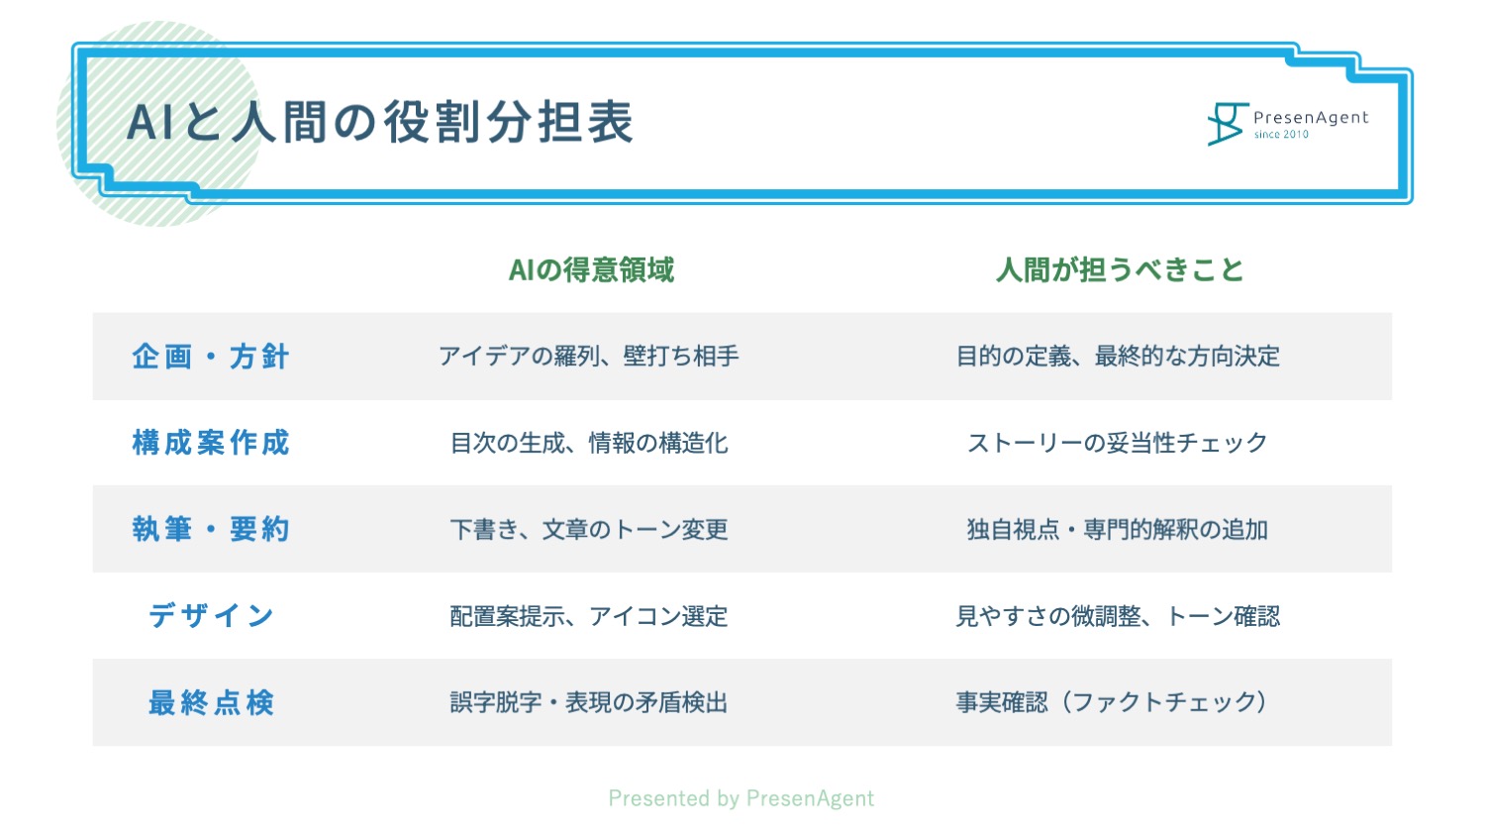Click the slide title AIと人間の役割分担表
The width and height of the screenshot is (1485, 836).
[x=380, y=122]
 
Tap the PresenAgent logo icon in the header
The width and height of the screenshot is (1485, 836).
[x=1228, y=124]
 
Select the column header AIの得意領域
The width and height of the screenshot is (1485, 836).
[x=591, y=270]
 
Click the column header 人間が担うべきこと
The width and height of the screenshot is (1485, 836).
[x=1120, y=270]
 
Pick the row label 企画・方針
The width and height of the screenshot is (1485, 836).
[x=211, y=357]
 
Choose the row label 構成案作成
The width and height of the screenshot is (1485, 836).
[x=211, y=443]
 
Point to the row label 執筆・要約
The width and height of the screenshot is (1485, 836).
[x=211, y=530]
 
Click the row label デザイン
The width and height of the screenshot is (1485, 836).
[x=211, y=616]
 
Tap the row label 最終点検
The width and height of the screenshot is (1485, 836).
[x=211, y=702]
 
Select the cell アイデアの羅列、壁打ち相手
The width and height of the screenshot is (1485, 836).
[x=589, y=357]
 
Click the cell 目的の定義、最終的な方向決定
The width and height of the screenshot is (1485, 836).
[x=1118, y=357]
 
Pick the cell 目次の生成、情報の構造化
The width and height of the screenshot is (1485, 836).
[x=589, y=443]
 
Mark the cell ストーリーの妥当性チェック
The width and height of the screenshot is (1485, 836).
[x=1118, y=443]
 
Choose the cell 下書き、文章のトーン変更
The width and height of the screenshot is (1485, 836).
[x=589, y=530]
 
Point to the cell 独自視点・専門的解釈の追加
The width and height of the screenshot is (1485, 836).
[x=1118, y=530]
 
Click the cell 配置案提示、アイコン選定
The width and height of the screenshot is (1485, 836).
[x=589, y=616]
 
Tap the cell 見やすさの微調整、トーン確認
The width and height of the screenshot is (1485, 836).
[x=1118, y=616]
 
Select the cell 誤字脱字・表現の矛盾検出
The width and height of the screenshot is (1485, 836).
[x=589, y=702]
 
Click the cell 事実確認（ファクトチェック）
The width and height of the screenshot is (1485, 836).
[x=1113, y=702]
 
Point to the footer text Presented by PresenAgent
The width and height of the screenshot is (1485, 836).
[x=742, y=798]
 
